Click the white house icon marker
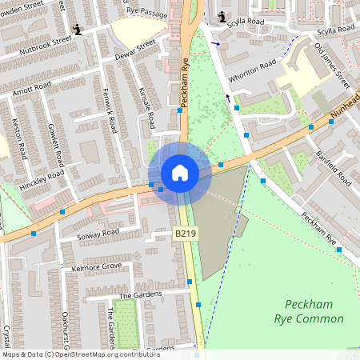pyautogui.click(x=180, y=173)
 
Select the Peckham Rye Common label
pyautogui.click(x=314, y=312)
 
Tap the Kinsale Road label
pyautogui.click(x=146, y=107)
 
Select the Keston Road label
pyautogui.click(x=18, y=140)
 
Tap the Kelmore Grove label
pyautogui.click(x=95, y=266)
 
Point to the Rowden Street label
pyautogui.click(x=24, y=8)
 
